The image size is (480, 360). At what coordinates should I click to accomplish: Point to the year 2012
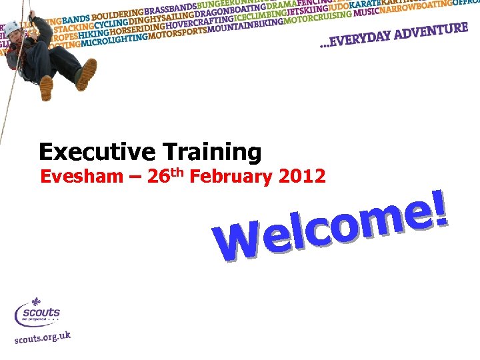pos(303,177)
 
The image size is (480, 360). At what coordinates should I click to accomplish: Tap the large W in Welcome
pos(237,243)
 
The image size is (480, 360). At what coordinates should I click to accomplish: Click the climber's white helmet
pos(12,27)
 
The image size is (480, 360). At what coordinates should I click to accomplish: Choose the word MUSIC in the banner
pos(367,13)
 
